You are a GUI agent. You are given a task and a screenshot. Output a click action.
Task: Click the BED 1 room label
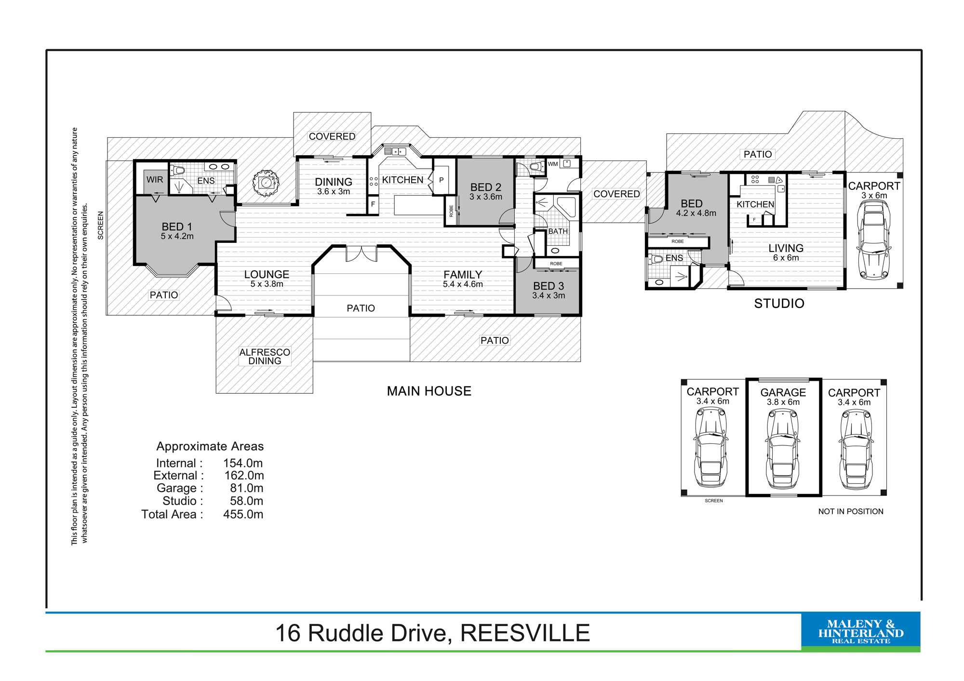click(177, 231)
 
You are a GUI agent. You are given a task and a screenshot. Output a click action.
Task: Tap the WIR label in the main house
click(155, 180)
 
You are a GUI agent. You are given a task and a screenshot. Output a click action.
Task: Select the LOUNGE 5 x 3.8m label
click(267, 279)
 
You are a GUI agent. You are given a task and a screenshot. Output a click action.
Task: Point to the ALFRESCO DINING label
click(265, 356)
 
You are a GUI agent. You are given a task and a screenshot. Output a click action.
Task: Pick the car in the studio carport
click(874, 240)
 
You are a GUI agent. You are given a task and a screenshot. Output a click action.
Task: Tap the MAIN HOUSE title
click(429, 391)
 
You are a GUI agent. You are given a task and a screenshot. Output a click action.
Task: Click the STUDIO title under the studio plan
click(779, 303)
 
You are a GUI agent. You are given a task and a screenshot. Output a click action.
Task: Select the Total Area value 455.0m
click(243, 514)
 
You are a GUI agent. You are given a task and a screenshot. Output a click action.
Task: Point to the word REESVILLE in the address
click(525, 633)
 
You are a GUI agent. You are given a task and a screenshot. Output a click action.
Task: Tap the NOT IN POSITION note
click(851, 511)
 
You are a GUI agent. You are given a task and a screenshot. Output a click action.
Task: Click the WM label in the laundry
click(552, 164)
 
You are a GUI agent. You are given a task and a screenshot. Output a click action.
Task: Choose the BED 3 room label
click(549, 290)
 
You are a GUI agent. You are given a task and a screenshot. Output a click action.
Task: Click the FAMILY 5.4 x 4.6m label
click(463, 279)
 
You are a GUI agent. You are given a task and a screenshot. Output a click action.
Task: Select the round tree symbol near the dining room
click(266, 183)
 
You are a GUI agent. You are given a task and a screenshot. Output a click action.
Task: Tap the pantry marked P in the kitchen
click(441, 180)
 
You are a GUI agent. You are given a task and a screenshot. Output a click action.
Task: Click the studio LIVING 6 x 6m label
click(786, 253)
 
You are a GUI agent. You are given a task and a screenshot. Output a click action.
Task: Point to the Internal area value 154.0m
click(243, 463)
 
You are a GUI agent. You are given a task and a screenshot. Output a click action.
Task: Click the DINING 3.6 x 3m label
click(334, 186)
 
